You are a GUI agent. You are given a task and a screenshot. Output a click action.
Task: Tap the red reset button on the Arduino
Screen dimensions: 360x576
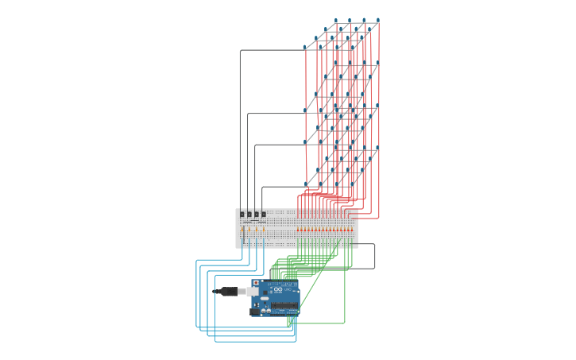[x=256, y=282]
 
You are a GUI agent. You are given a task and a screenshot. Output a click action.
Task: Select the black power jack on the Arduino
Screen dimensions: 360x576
[x=255, y=312]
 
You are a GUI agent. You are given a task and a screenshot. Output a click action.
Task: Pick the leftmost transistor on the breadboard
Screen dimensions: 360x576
[x=242, y=214]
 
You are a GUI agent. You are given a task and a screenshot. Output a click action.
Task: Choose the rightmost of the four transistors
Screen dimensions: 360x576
[x=264, y=214]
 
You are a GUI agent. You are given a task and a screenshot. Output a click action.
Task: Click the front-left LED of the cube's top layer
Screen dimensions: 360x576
[x=305, y=48]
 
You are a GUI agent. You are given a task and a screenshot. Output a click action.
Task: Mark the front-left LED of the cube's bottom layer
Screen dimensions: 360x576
[x=306, y=184]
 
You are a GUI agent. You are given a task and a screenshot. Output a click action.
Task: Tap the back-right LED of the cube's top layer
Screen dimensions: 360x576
[x=377, y=20]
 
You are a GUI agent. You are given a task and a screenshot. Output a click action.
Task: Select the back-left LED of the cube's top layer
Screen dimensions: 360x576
[x=336, y=21]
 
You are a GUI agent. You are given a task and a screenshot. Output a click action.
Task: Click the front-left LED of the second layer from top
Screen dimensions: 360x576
[x=305, y=110]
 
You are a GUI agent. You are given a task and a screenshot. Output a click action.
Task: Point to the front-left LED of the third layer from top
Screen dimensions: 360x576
[x=305, y=141]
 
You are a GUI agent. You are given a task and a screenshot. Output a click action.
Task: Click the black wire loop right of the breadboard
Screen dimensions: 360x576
[x=374, y=256]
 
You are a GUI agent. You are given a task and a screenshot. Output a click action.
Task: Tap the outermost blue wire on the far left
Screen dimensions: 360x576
[x=196, y=294]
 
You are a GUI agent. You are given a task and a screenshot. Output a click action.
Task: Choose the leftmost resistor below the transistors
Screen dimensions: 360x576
[x=242, y=230]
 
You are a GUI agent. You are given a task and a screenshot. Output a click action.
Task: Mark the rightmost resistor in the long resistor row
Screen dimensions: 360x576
[x=351, y=230]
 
